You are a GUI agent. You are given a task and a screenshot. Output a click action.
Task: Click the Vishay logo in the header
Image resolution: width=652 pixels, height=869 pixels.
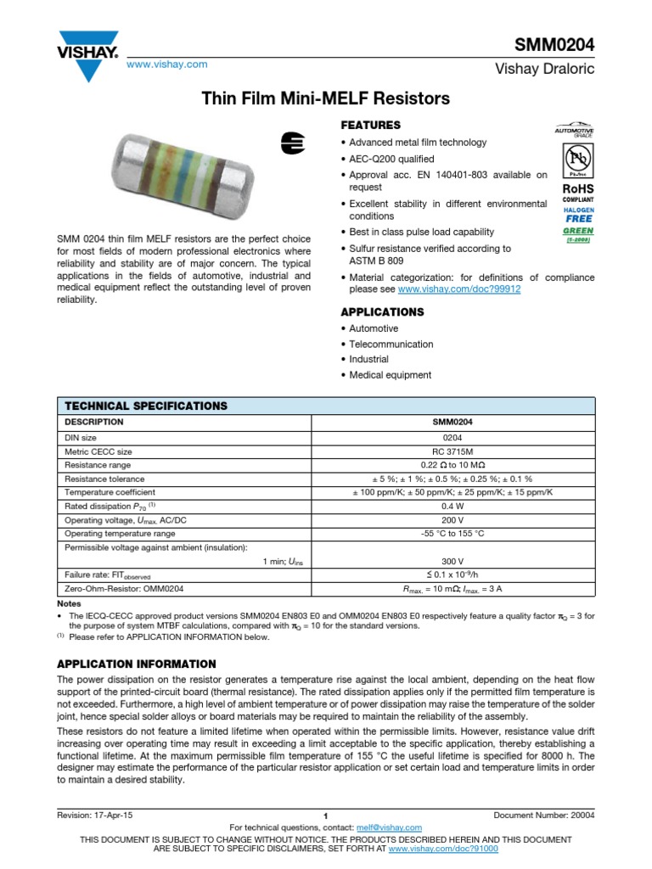(88, 50)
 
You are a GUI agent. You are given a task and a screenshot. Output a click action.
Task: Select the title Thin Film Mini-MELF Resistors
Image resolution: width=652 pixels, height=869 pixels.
(325, 99)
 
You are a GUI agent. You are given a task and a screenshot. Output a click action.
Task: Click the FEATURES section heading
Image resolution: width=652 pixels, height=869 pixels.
(370, 125)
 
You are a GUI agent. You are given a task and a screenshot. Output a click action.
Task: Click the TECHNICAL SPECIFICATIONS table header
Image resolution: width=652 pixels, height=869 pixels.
(146, 406)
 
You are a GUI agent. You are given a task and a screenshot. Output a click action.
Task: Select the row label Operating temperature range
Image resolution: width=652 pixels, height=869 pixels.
(121, 534)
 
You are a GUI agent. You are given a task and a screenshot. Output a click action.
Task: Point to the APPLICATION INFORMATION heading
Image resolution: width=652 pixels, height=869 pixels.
(136, 663)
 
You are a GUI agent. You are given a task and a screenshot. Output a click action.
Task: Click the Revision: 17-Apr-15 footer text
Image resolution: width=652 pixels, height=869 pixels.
(94, 815)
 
